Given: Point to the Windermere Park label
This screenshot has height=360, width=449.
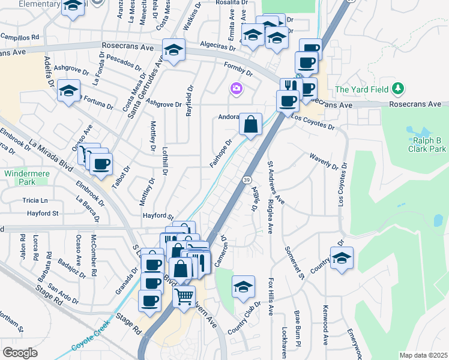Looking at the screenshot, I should pos(20,177).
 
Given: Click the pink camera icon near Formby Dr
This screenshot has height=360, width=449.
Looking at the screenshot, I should pos(236,89).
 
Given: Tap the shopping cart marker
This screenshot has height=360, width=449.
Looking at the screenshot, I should pos(184,296).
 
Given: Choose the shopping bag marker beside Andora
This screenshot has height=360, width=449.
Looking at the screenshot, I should pos(251,124).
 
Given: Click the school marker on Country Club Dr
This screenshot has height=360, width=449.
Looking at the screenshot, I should pos(244,286).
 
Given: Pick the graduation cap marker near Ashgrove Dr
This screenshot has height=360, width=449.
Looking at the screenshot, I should pos(69,91).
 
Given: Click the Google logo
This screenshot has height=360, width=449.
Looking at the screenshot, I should pos(20,352).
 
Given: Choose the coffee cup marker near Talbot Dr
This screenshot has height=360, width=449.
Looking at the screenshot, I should pos(101,163).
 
